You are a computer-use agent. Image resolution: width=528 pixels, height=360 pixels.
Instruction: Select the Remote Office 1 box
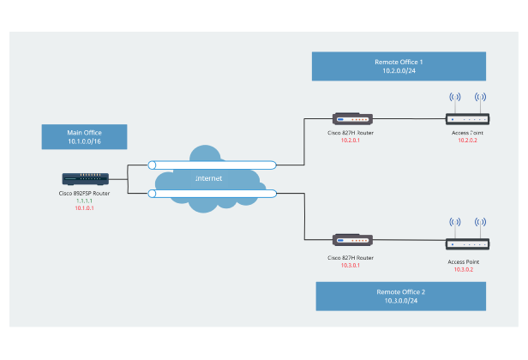(x=399, y=67)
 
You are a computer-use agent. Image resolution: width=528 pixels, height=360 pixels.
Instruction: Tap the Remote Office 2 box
(x=401, y=296)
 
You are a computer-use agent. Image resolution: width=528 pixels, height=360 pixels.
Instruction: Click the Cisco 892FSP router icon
(x=85, y=180)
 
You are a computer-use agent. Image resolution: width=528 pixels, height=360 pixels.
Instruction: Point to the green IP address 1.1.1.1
(x=84, y=201)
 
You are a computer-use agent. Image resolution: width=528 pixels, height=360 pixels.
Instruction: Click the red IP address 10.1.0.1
(x=84, y=208)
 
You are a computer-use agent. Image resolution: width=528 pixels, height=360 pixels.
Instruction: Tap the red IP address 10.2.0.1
(x=351, y=141)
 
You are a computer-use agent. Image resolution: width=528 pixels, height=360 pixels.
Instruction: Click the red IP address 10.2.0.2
(x=467, y=141)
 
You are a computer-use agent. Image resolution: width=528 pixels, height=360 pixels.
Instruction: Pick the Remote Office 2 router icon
(x=351, y=241)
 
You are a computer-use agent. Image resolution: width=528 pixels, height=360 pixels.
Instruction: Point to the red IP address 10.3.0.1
(x=351, y=265)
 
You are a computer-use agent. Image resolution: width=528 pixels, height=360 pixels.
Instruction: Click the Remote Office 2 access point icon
(x=467, y=243)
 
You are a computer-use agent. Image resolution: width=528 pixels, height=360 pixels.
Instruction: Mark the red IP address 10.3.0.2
(x=464, y=269)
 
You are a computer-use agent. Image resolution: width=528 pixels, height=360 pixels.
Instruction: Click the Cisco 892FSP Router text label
(x=84, y=194)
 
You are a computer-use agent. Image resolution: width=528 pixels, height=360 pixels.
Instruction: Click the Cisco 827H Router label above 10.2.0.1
(x=351, y=134)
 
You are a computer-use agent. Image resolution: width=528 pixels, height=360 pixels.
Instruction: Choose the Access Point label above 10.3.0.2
(x=464, y=261)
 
